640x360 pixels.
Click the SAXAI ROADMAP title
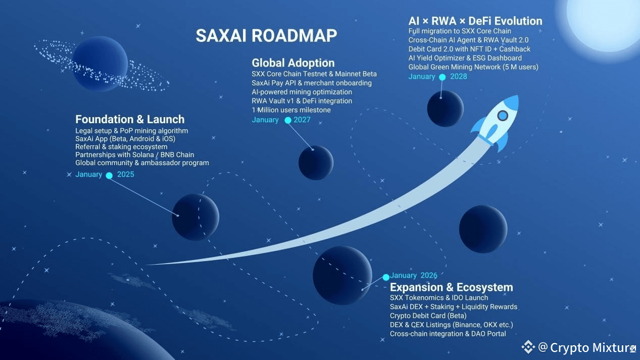pos(266,36)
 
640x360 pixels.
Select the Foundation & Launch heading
pos(130,120)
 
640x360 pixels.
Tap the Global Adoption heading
pos(293,63)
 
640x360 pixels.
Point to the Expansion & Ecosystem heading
pos(451,287)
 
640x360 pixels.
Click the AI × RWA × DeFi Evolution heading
pos(475,21)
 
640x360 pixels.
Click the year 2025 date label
pos(126,175)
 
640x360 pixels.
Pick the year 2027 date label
pos(302,120)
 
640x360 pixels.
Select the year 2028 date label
pos(459,77)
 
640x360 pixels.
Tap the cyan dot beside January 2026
pos(386,277)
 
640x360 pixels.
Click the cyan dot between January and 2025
pos(109,175)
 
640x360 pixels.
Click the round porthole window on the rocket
pos(502,116)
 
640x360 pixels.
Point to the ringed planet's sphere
pos(100,64)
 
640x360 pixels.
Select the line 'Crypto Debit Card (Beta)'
pos(428,316)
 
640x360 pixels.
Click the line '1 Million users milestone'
pos(291,110)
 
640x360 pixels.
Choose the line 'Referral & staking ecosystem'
pos(121,146)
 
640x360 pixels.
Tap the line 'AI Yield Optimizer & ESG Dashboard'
pos(465,58)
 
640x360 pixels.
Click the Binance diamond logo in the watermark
pos(528,347)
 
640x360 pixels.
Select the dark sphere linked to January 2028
pos(445,108)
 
